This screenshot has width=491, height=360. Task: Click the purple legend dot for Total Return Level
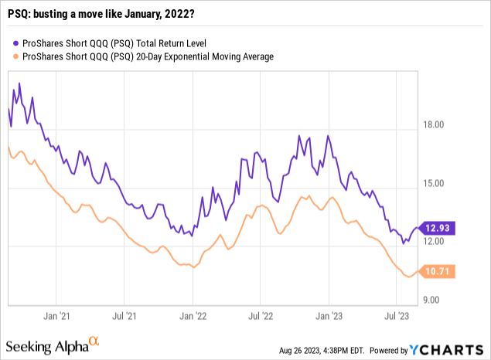coord(15,43)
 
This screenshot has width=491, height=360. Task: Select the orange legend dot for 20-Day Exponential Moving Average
coord(15,56)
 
